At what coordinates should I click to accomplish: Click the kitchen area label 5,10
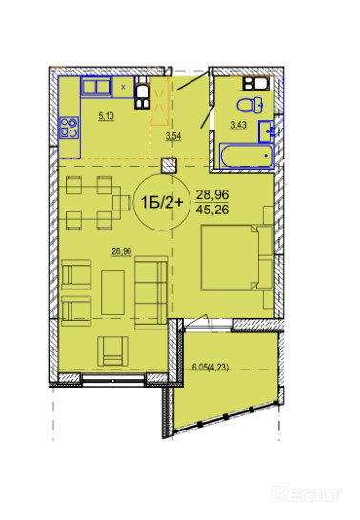tap(106, 116)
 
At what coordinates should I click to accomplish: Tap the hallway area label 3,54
tap(173, 137)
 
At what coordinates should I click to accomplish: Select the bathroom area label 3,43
tap(238, 125)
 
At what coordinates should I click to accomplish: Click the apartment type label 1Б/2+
tap(162, 202)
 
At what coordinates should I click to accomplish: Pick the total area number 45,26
tap(212, 210)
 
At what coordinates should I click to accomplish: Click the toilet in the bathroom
tap(250, 105)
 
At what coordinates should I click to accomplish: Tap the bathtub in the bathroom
tap(247, 156)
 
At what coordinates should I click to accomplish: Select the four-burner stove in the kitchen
tap(69, 128)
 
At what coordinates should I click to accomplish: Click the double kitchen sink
tap(96, 87)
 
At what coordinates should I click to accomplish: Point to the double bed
tap(230, 258)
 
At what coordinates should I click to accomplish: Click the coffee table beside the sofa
tap(112, 292)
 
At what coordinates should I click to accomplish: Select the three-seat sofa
tap(151, 292)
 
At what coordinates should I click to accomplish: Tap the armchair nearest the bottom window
tap(112, 351)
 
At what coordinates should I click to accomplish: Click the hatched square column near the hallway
tap(170, 166)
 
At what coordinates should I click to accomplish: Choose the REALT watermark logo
tap(307, 494)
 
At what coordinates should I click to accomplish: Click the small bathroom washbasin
tap(267, 131)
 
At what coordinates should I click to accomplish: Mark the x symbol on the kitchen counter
tap(123, 87)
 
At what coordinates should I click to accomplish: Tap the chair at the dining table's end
tap(121, 203)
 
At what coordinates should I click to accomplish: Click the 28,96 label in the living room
tap(122, 251)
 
